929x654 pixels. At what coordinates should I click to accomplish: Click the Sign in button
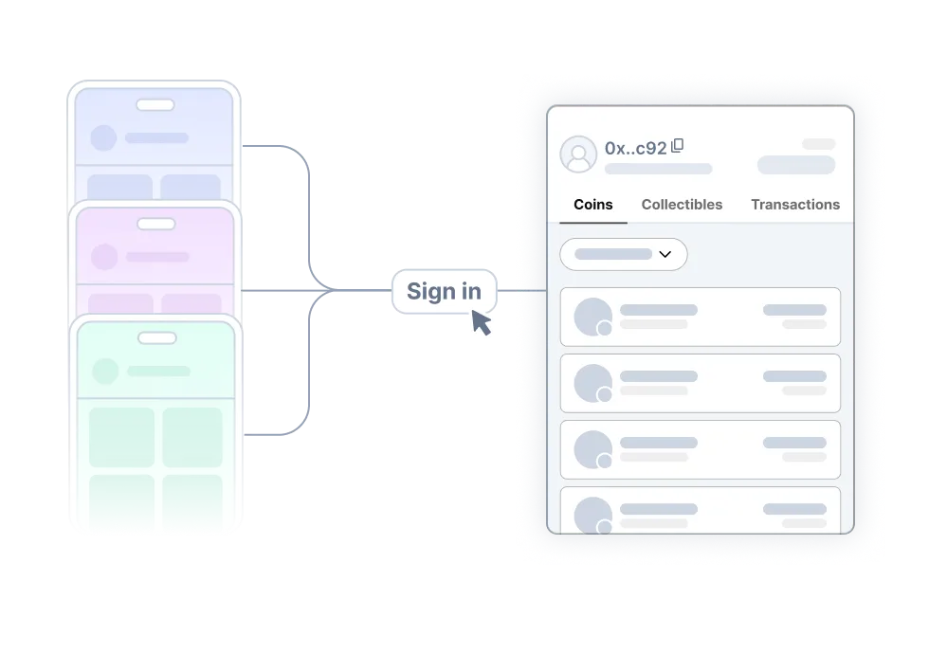coord(444,291)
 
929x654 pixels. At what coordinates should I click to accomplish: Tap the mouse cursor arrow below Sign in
coord(482,323)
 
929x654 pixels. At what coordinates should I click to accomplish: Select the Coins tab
coord(593,205)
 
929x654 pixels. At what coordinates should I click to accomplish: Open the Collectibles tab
coord(682,205)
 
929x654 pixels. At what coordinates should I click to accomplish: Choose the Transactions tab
coord(795,205)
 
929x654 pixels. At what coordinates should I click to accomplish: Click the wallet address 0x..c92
coord(635,149)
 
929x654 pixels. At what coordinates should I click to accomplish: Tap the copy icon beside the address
coord(678,146)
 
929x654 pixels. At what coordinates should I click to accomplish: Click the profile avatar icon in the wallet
coord(578,154)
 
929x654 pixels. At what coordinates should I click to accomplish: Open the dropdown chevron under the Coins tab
coord(665,254)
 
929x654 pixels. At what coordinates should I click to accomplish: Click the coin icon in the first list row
coord(593,317)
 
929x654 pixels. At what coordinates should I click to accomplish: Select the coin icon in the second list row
coord(593,383)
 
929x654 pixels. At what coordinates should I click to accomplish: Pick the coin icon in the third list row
coord(593,449)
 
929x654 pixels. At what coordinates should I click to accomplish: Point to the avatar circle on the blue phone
coord(103,138)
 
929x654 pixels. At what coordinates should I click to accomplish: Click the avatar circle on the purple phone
coord(104,257)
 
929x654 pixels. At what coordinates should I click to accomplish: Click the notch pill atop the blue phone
coord(155,105)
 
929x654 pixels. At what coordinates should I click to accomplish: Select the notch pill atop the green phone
coord(157,338)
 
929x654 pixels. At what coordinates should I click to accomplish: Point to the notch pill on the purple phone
coord(156,224)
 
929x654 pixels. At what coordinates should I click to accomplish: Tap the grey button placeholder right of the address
coord(796,165)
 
